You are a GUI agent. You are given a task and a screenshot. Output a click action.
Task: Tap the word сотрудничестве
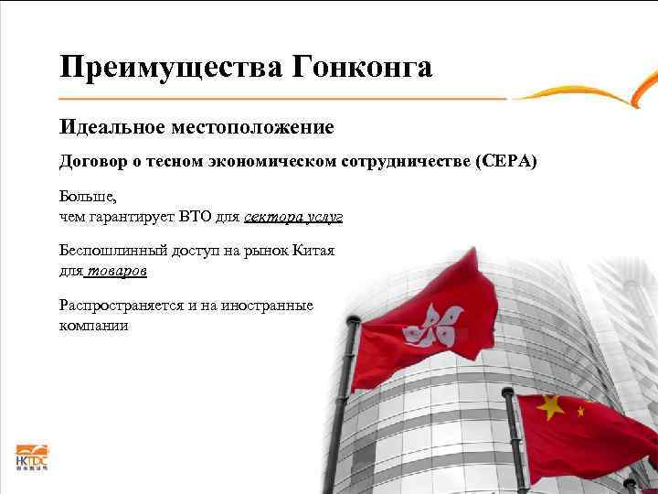(407, 161)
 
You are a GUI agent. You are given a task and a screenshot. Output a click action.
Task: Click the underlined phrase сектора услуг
(293, 217)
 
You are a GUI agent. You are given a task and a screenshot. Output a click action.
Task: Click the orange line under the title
(283, 97)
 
